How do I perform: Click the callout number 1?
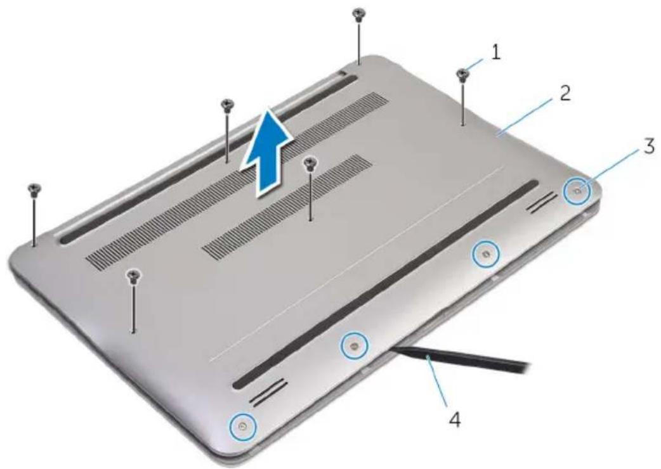click(495, 53)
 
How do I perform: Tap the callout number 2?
click(565, 93)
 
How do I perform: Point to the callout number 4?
click(454, 418)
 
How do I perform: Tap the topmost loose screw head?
click(358, 13)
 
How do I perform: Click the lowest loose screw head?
click(133, 275)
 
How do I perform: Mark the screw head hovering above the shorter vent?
click(310, 162)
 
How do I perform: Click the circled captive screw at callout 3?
click(577, 190)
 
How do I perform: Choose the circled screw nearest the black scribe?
click(354, 345)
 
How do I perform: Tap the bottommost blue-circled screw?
click(242, 426)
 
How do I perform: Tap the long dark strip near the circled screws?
click(386, 284)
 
